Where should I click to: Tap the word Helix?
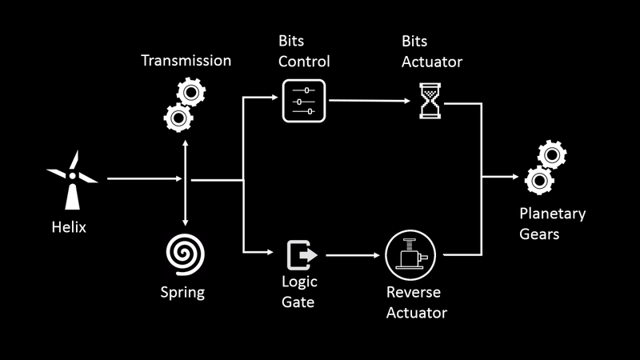(66, 227)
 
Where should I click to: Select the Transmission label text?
(186, 61)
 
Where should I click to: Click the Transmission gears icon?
(183, 106)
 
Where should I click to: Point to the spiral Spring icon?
(185, 254)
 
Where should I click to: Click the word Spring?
(182, 292)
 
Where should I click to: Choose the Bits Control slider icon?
(304, 101)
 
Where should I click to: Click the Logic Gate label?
(298, 292)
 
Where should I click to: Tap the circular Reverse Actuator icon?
(409, 254)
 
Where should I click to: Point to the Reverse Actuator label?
(416, 302)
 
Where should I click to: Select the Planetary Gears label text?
(552, 225)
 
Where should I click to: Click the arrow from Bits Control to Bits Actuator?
(371, 102)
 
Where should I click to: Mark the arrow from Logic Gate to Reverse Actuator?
(352, 255)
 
